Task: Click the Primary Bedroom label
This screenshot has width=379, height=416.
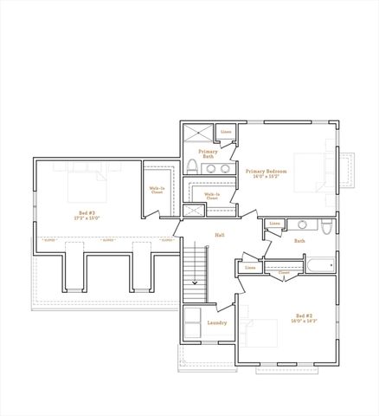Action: click(x=266, y=171)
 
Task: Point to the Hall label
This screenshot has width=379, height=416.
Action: click(x=220, y=235)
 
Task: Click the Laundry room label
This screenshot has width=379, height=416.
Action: click(x=217, y=323)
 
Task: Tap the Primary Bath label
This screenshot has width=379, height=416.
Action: click(x=208, y=153)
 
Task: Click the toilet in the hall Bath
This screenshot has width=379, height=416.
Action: click(x=327, y=228)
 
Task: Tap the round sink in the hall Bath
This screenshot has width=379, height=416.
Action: click(x=303, y=225)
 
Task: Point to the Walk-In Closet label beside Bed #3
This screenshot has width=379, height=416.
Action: click(x=157, y=190)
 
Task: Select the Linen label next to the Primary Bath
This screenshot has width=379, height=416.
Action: click(x=226, y=133)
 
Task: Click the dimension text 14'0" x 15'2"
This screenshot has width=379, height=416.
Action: click(x=266, y=176)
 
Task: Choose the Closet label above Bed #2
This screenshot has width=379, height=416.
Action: click(x=284, y=272)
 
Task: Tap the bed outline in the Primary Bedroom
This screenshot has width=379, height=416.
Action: click(x=312, y=171)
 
